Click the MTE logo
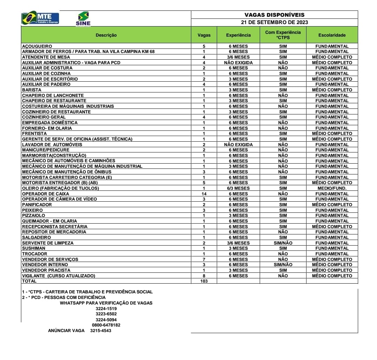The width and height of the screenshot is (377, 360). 40,18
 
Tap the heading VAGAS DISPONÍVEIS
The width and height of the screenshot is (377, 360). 274,15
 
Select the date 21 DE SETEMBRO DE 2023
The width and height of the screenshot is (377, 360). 274,22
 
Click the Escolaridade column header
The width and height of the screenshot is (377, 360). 332,35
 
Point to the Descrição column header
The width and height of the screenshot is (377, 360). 106,35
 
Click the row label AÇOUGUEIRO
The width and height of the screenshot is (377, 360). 37,46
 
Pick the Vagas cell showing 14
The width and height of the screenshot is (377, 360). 204,194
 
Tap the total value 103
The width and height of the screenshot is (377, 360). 204,281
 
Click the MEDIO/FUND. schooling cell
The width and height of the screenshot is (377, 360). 332,188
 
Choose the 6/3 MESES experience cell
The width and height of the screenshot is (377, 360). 238,188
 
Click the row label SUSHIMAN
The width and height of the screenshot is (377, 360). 34,248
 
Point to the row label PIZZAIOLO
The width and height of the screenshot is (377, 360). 34,216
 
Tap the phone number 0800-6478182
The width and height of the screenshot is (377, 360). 106,325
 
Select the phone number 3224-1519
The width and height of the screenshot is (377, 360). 106,309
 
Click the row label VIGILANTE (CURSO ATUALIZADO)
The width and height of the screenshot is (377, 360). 58,276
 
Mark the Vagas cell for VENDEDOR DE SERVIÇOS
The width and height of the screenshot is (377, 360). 204,259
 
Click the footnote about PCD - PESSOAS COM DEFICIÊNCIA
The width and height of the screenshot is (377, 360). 64,297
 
